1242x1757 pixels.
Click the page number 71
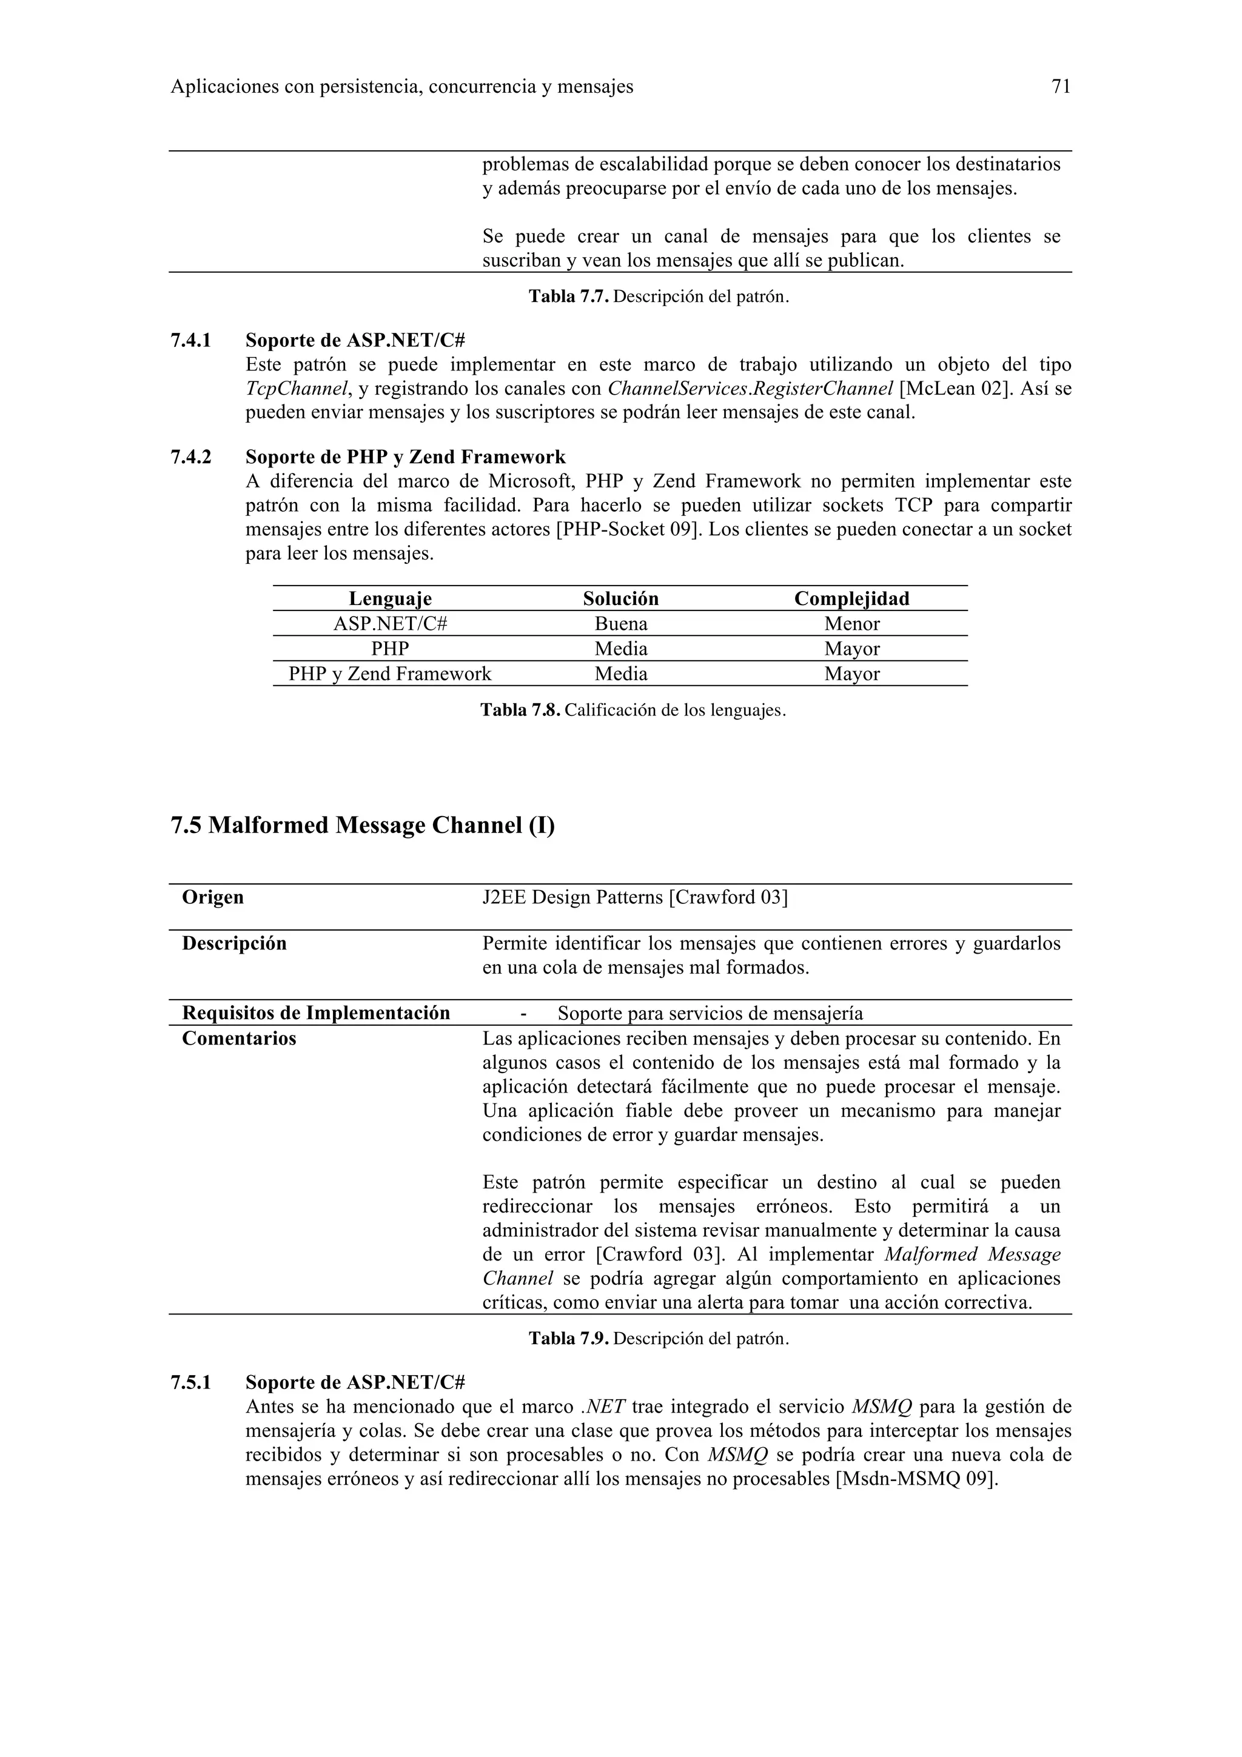[x=1060, y=87]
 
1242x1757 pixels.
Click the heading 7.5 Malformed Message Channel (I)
[x=362, y=825]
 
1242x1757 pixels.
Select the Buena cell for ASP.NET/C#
[x=620, y=624]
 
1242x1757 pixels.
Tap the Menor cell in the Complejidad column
[x=851, y=624]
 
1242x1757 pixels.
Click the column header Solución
[x=620, y=598]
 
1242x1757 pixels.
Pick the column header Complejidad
[x=851, y=598]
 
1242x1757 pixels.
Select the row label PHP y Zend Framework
[x=389, y=674]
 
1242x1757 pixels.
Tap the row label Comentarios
[x=239, y=1039]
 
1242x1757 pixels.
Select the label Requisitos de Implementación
[x=316, y=1013]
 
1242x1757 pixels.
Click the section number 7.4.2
[x=190, y=458]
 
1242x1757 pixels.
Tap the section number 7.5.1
[x=190, y=1383]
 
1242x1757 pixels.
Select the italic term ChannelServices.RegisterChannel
[x=750, y=389]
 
